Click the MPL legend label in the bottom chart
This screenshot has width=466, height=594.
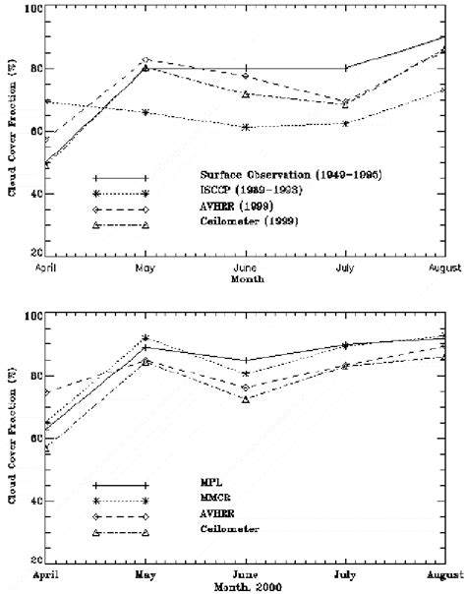point(195,485)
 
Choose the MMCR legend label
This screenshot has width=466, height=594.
point(199,501)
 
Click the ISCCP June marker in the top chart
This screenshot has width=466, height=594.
point(245,127)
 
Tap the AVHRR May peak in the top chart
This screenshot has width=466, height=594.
point(146,60)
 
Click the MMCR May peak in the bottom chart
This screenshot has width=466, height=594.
point(146,337)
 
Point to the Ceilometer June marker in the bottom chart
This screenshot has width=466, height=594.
point(245,399)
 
